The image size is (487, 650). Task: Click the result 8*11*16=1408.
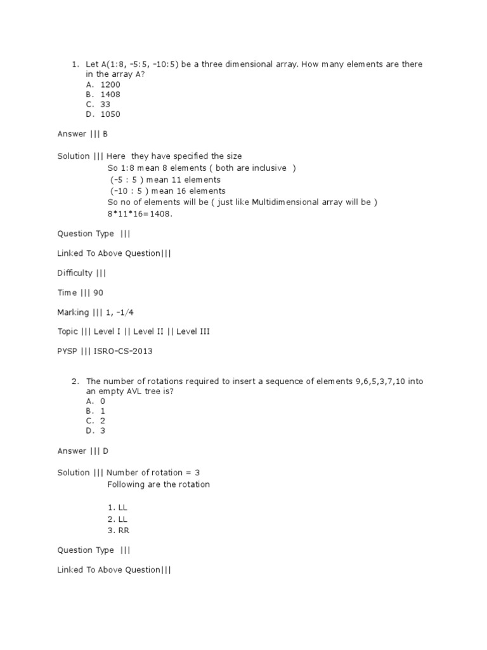pos(140,214)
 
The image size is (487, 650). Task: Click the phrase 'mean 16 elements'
pos(193,191)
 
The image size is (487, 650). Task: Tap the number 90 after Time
pos(98,293)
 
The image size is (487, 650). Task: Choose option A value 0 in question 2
pos(102,401)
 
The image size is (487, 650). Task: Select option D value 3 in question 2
pos(102,431)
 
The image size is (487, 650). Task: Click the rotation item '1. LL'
pos(117,508)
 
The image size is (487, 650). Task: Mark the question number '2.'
pos(75,381)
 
